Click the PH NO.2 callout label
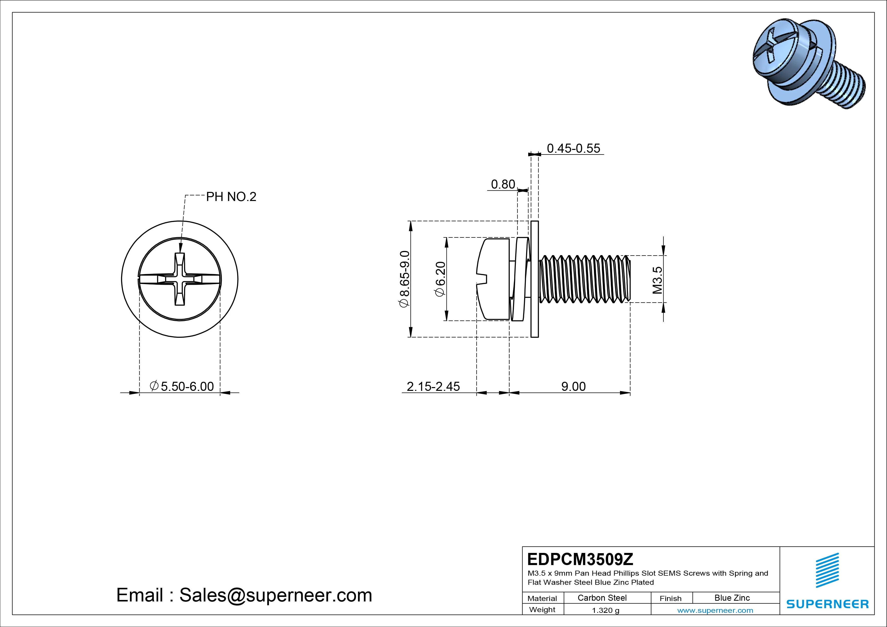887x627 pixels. [231, 197]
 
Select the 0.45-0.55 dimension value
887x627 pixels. [573, 148]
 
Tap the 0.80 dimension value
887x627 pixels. [503, 184]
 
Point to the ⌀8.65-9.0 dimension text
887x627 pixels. [404, 279]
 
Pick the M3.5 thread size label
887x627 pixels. [657, 280]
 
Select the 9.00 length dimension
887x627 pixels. [573, 386]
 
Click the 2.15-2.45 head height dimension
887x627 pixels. [433, 386]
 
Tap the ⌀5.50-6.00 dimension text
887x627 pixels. [182, 386]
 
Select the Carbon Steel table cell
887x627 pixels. [602, 598]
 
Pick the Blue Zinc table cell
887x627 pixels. [732, 598]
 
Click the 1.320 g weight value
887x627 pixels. [605, 610]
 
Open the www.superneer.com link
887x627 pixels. [715, 610]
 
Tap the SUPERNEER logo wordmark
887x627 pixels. [828, 604]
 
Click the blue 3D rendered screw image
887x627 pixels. [804, 64]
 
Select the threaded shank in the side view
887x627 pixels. [583, 279]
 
